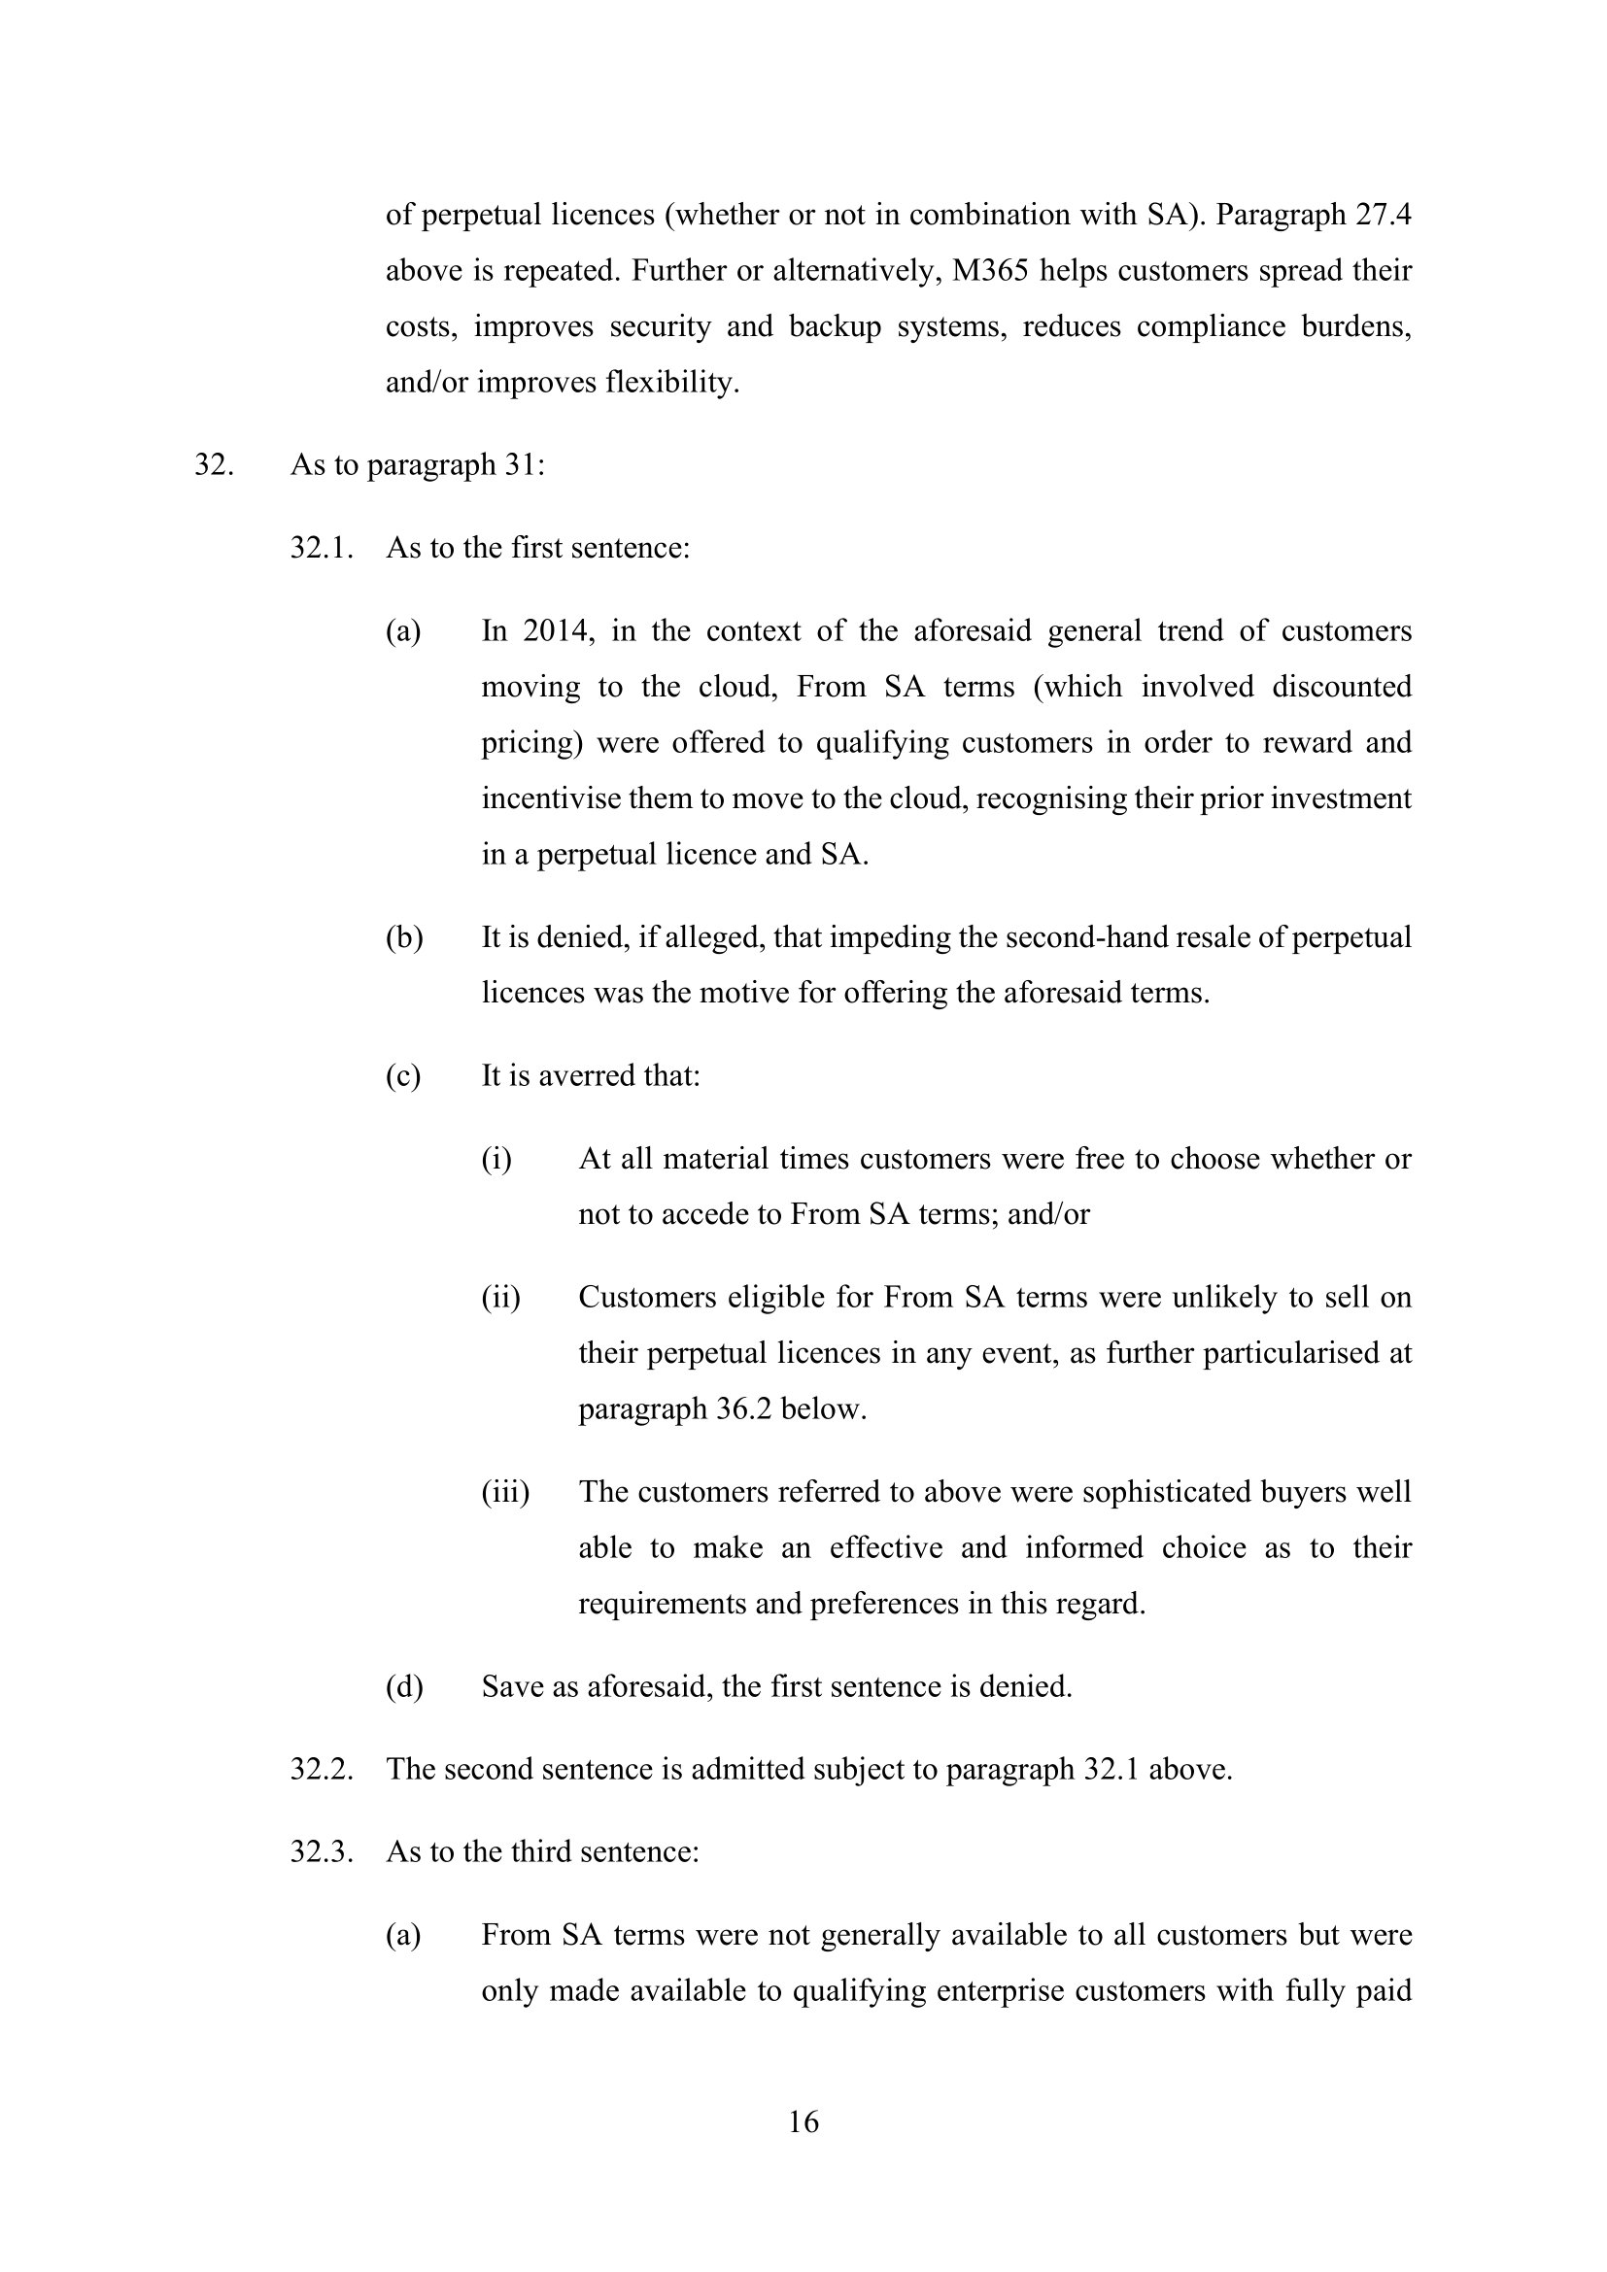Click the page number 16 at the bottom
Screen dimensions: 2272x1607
(x=803, y=2121)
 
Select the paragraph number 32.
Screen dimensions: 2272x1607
(x=213, y=464)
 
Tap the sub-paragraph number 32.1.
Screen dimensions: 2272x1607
(x=322, y=547)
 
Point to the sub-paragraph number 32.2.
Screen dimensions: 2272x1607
(x=322, y=1768)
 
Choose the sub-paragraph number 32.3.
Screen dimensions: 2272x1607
(x=322, y=1851)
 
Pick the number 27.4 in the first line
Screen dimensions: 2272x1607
(x=1383, y=215)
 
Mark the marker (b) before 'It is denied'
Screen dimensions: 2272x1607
(x=404, y=937)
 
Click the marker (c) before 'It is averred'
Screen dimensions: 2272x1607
(x=403, y=1075)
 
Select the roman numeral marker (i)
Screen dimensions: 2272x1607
(x=496, y=1159)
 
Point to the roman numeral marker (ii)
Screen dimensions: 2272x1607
(x=500, y=1298)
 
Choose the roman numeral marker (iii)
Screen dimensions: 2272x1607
(x=504, y=1491)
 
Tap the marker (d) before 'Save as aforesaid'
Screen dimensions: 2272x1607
(x=404, y=1685)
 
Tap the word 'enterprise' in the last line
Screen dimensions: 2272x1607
(x=1011, y=1990)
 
